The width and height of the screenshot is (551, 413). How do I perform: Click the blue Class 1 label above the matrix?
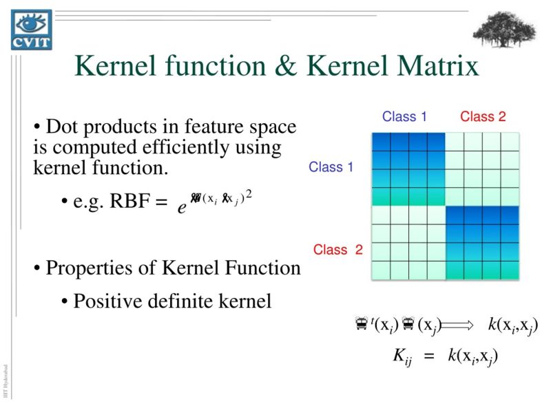point(404,116)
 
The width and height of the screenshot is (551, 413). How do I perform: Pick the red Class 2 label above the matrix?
point(483,116)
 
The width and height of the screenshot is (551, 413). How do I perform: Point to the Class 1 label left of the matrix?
point(331,167)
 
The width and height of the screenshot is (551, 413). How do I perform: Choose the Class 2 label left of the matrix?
point(337,250)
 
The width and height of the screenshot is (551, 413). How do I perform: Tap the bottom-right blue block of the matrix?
point(482,242)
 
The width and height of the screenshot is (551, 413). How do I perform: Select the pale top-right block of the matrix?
point(482,169)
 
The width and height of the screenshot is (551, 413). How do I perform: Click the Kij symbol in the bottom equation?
point(402,357)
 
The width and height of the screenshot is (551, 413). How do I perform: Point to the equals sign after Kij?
point(429,357)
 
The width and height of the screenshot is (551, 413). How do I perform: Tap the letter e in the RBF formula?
point(182,207)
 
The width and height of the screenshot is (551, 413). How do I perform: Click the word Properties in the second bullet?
point(84,268)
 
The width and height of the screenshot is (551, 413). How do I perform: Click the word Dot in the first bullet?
point(60,127)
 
